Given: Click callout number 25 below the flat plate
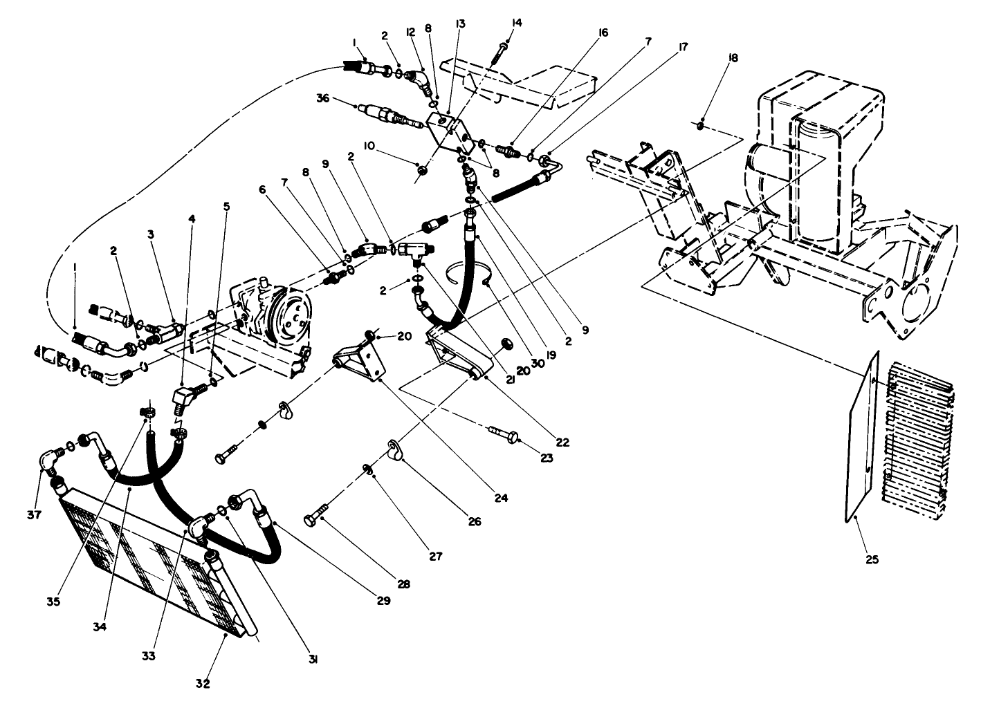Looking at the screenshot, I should coord(871,559).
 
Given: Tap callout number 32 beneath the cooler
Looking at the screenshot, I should coord(202,684).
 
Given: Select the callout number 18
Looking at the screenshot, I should coord(733,59).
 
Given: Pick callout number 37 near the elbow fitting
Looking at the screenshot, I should coord(35,514).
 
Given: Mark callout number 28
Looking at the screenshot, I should coord(403,584).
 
